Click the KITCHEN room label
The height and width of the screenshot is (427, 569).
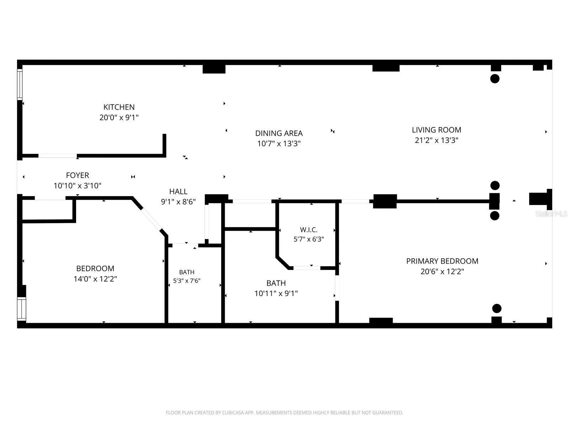tap(119, 107)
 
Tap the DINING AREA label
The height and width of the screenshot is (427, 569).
tap(279, 133)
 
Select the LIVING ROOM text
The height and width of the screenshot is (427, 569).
tap(436, 130)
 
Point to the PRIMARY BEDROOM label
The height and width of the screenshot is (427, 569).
tap(442, 261)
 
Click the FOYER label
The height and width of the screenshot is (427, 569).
tap(77, 175)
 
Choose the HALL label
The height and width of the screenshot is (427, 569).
tap(178, 191)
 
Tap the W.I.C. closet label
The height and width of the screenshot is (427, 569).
tap(308, 230)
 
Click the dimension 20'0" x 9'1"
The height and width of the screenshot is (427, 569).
tap(119, 117)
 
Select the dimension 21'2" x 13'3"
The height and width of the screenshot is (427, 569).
tap(436, 140)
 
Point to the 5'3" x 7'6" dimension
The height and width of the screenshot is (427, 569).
tap(187, 280)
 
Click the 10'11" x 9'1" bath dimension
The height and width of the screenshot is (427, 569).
tap(276, 293)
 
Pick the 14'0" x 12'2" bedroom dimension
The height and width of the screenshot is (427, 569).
tap(95, 279)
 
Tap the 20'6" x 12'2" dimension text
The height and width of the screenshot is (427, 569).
tap(442, 272)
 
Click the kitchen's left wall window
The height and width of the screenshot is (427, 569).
tap(20, 84)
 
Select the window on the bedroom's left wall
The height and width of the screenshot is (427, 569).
tap(21, 309)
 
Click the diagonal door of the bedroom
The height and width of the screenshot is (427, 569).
tap(151, 220)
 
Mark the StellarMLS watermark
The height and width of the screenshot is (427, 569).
tap(551, 213)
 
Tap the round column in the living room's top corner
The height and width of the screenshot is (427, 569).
tap(495, 79)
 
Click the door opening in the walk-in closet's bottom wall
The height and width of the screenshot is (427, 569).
tap(307, 268)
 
